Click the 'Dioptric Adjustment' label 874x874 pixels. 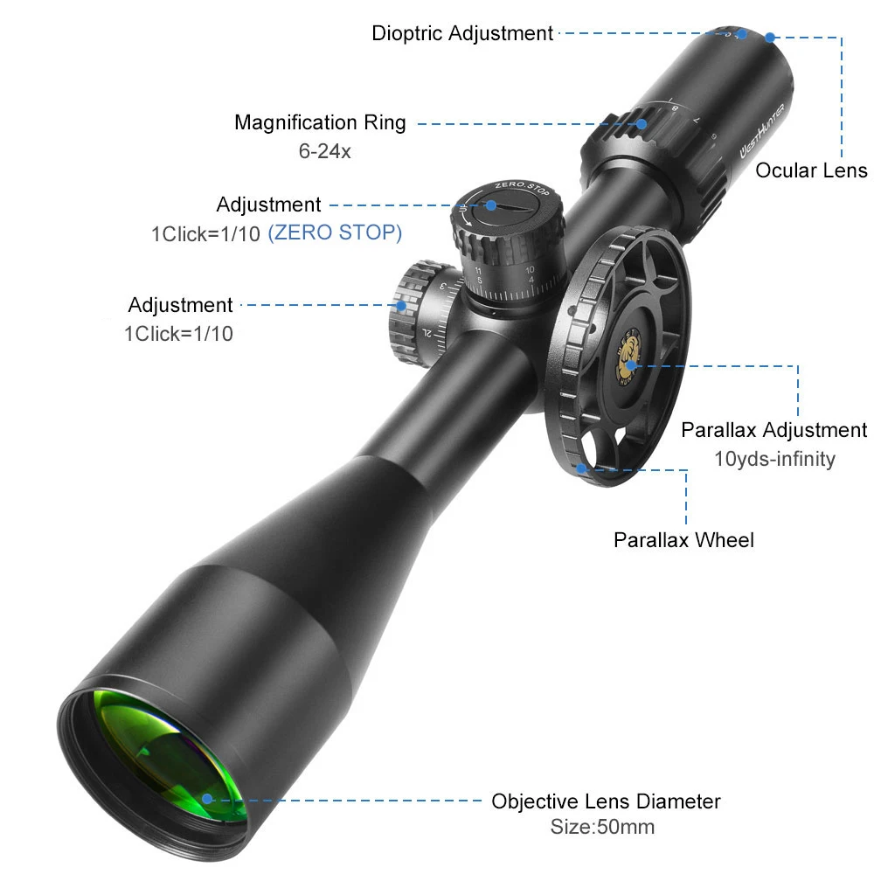[462, 34]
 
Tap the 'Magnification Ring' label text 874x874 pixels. [320, 122]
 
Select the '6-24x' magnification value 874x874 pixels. [324, 151]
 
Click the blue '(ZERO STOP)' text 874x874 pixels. [335, 233]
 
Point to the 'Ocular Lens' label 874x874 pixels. [811, 170]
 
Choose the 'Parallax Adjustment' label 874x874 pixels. [773, 430]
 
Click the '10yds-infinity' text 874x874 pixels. [774, 458]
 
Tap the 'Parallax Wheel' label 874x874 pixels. [683, 540]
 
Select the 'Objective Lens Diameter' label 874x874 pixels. [606, 801]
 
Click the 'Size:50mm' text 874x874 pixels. [602, 827]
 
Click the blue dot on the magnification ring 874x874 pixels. [642, 123]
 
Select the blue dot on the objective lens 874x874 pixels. [207, 798]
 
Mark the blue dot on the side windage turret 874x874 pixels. [401, 305]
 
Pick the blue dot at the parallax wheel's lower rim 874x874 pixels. [582, 468]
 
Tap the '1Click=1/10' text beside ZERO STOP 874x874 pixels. [206, 233]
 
